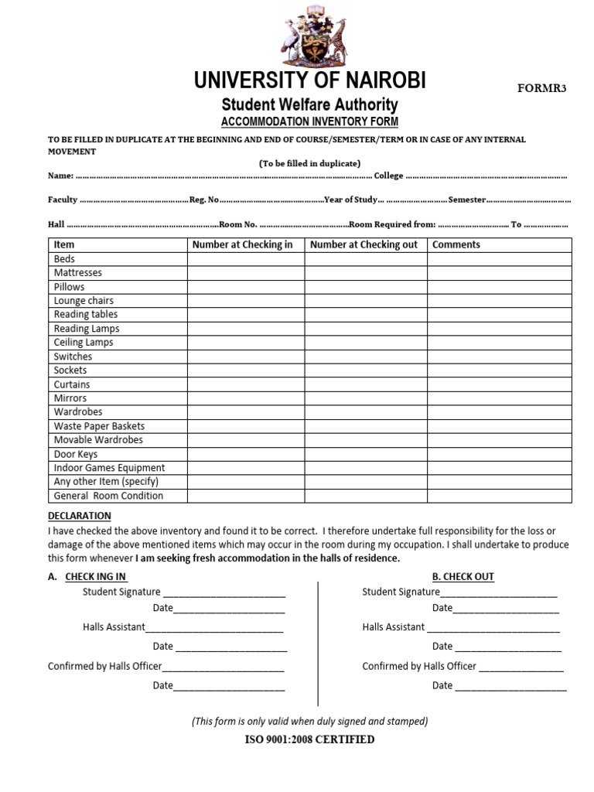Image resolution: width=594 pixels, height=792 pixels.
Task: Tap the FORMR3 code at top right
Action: pyautogui.click(x=541, y=88)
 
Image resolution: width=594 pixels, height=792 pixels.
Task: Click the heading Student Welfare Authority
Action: pyautogui.click(x=309, y=104)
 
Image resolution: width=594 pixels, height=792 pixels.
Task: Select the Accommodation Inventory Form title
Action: pyautogui.click(x=309, y=122)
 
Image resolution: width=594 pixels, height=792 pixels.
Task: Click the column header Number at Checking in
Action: pyautogui.click(x=243, y=244)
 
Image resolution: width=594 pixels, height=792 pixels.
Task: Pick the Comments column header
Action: pyautogui.click(x=456, y=244)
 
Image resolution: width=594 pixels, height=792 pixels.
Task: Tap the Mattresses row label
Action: pyautogui.click(x=78, y=272)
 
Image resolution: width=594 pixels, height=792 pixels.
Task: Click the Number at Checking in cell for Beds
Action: pyautogui.click(x=245, y=258)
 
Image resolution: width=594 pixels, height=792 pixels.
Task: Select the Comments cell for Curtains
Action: pyautogui.click(x=499, y=384)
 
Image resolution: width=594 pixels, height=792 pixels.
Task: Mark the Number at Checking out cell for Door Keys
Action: pyautogui.click(x=365, y=454)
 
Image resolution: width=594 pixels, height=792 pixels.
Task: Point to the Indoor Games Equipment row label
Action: pyautogui.click(x=109, y=468)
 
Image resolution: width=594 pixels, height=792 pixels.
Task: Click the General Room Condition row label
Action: pyautogui.click(x=108, y=496)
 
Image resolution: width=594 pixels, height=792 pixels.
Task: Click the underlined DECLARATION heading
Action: pyautogui.click(x=80, y=516)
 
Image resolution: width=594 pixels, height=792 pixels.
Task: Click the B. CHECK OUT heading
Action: pyautogui.click(x=463, y=576)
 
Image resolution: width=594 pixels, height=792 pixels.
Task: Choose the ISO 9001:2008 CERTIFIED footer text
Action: pyautogui.click(x=309, y=739)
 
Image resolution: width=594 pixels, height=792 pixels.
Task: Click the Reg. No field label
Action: pyautogui.click(x=204, y=200)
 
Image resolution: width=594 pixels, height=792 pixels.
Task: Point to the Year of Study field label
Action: pyautogui.click(x=350, y=200)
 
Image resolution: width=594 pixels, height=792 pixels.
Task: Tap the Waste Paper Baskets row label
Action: pyautogui.click(x=99, y=426)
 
